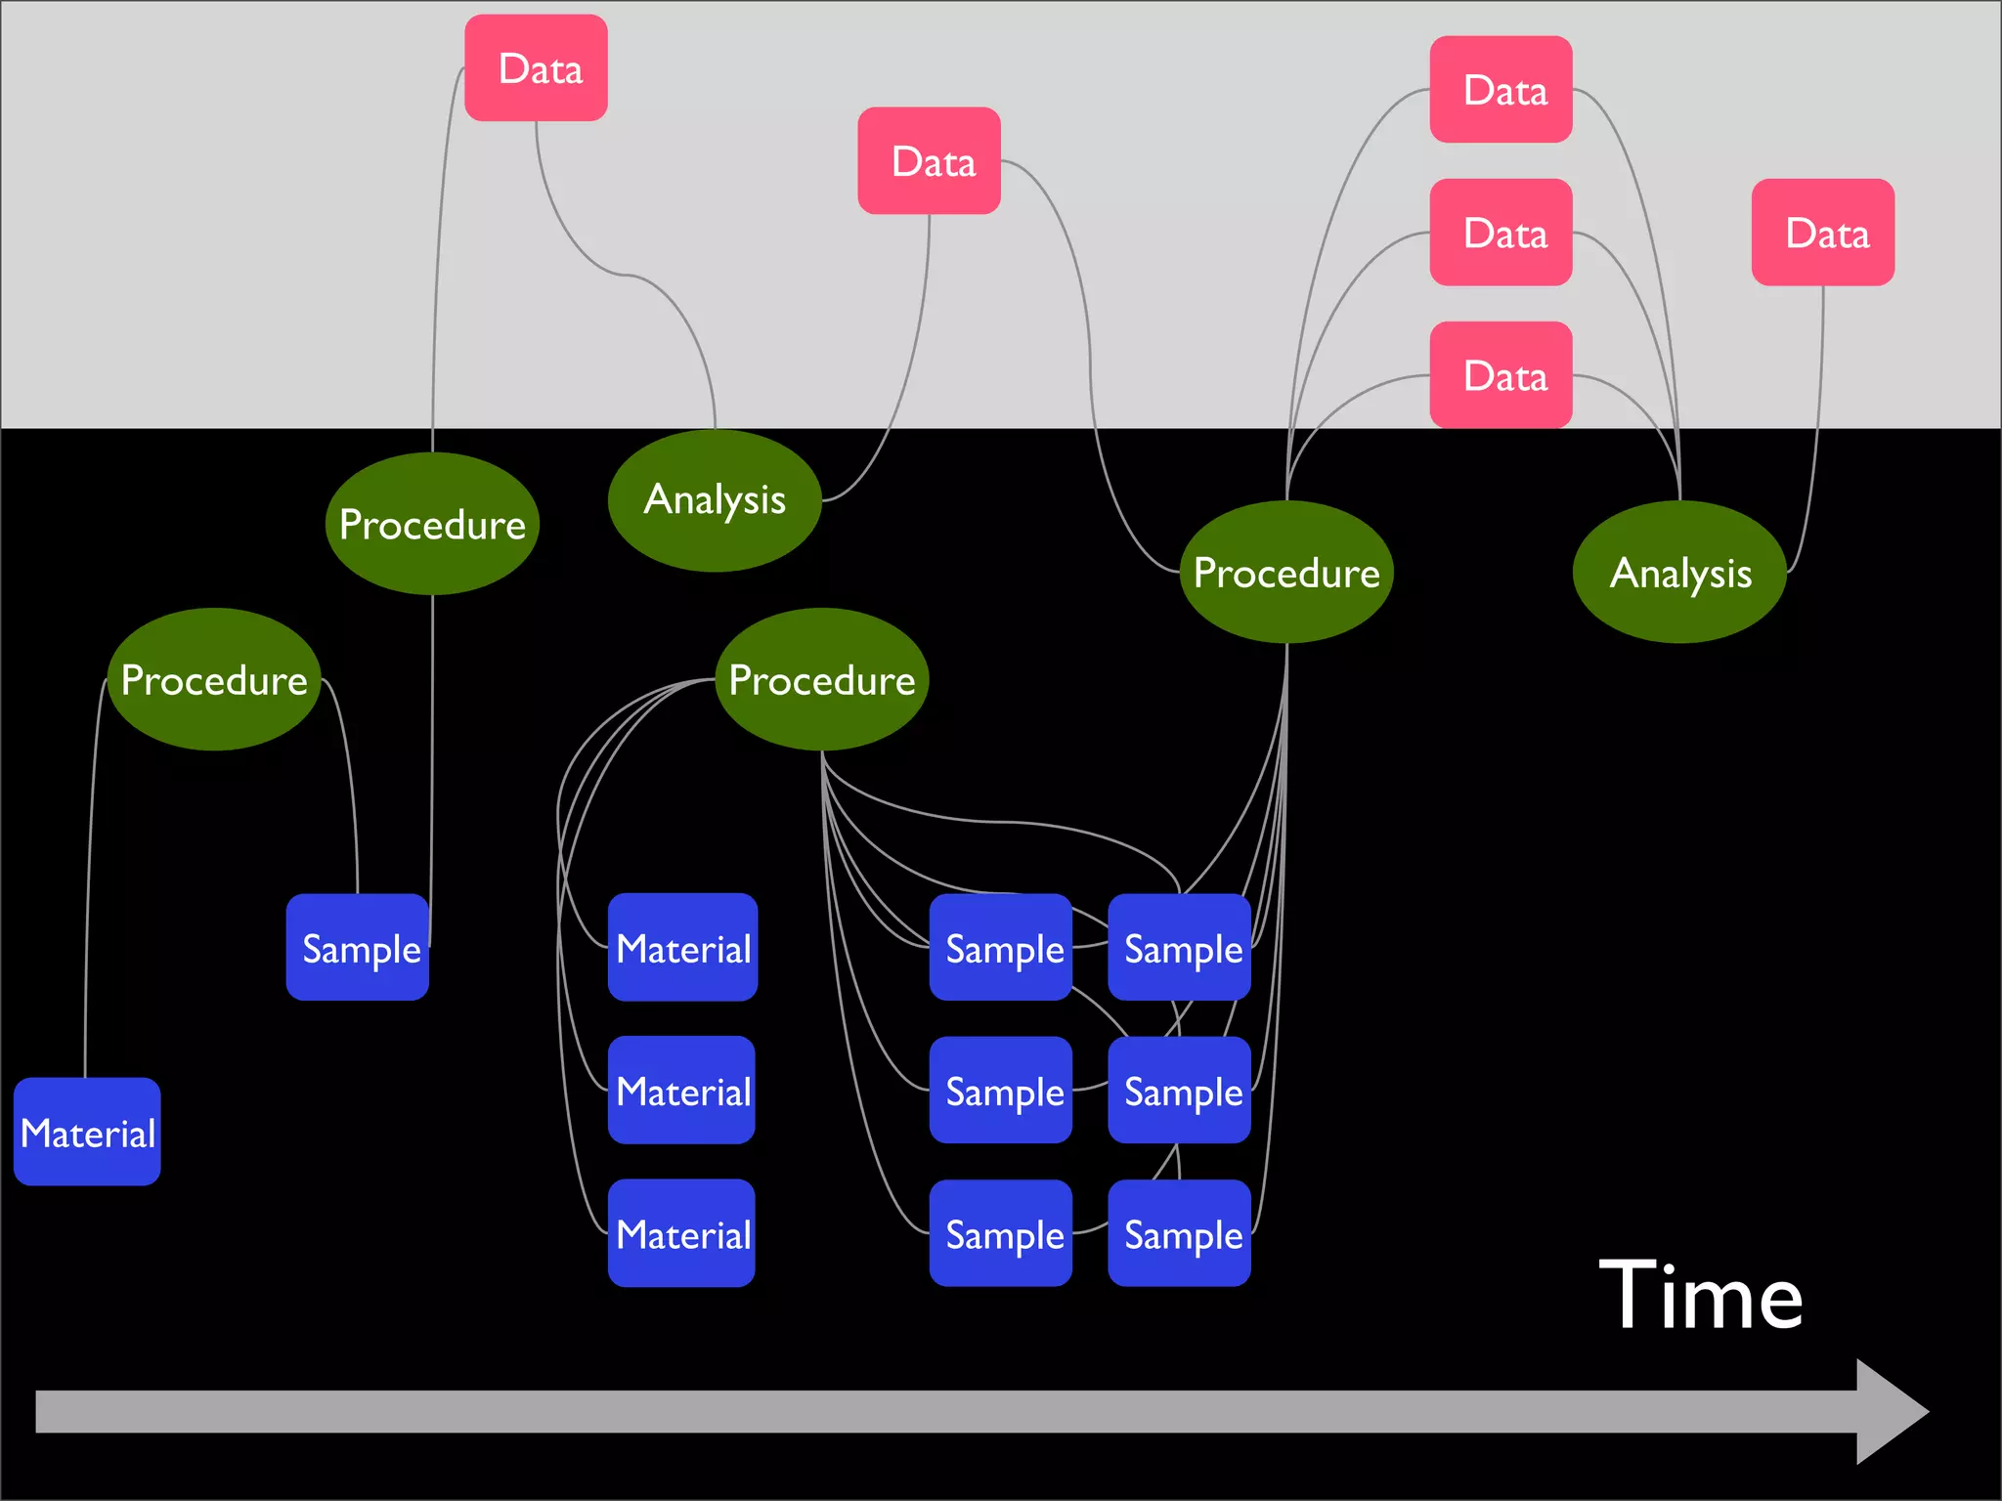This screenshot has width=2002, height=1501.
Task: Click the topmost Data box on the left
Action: [x=536, y=68]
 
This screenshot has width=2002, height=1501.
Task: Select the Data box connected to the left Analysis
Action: [x=929, y=161]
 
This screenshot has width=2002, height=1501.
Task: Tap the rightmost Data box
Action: [x=1822, y=233]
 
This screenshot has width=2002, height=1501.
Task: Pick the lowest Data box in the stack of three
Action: [x=1501, y=375]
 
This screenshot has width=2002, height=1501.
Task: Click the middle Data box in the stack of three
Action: [x=1501, y=233]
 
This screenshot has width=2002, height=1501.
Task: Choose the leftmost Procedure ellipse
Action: [x=214, y=679]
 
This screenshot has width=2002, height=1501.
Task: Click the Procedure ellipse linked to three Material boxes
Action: [x=821, y=679]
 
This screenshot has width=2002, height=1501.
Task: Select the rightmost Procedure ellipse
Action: [x=1286, y=573]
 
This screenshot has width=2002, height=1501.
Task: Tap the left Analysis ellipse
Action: [x=715, y=500]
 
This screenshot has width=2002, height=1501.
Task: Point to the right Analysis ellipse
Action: [x=1679, y=573]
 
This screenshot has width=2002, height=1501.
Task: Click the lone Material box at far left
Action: [x=87, y=1132]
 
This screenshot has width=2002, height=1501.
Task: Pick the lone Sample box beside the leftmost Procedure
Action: [x=358, y=947]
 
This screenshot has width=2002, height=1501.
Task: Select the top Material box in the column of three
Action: [x=682, y=947]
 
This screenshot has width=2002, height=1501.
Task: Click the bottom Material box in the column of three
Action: [x=681, y=1233]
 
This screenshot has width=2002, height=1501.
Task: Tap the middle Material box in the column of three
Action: [x=681, y=1090]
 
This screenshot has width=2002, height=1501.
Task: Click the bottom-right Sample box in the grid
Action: [x=1179, y=1233]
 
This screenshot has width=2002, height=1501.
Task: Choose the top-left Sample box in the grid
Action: [x=1001, y=947]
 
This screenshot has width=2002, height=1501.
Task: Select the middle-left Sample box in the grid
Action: [x=1001, y=1090]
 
